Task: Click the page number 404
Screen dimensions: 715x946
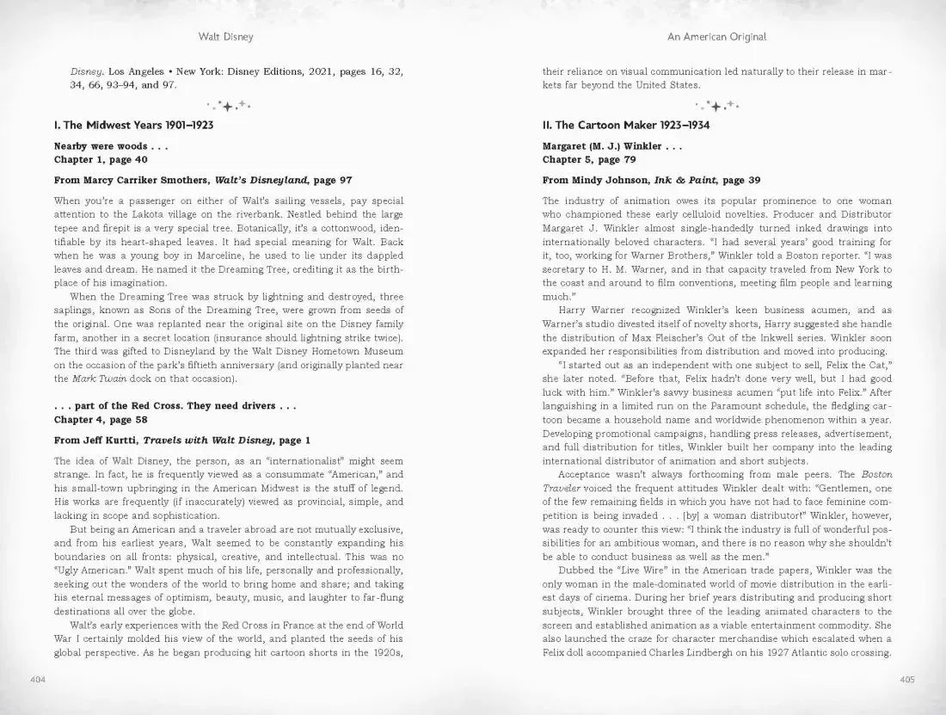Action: coord(37,680)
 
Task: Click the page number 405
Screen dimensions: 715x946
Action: coord(906,680)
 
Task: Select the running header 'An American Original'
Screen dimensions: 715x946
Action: coord(716,38)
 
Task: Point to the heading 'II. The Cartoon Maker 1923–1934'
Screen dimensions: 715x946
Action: coord(625,126)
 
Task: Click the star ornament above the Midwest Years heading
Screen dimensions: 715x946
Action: coord(227,106)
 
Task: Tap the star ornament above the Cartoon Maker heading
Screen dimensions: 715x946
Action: coord(716,106)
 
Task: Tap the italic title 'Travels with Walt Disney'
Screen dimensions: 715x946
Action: coord(210,441)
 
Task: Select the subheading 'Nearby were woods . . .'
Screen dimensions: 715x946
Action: coord(111,146)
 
